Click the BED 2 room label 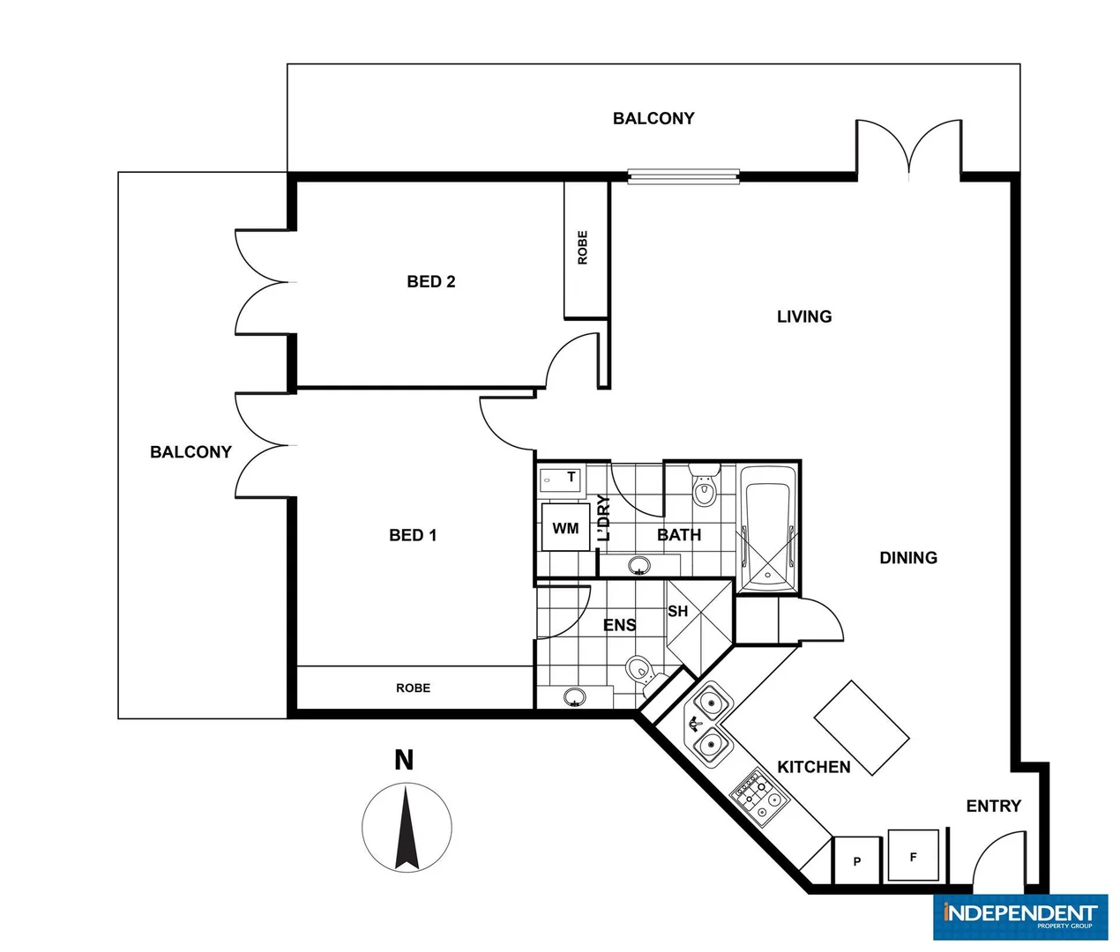point(430,282)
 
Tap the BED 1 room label point(413,535)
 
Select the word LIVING point(803,316)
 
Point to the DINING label point(908,558)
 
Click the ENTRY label point(993,806)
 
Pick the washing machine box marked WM point(565,528)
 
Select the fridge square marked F point(913,856)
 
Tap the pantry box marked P point(856,861)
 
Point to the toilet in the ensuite point(639,670)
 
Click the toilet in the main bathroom point(703,489)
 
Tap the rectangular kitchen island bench point(861,728)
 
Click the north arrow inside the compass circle point(406,829)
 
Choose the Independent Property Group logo point(1019,917)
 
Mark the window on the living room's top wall point(683,176)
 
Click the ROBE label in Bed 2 point(583,248)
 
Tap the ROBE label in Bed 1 point(413,688)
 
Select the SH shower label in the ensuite point(677,611)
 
